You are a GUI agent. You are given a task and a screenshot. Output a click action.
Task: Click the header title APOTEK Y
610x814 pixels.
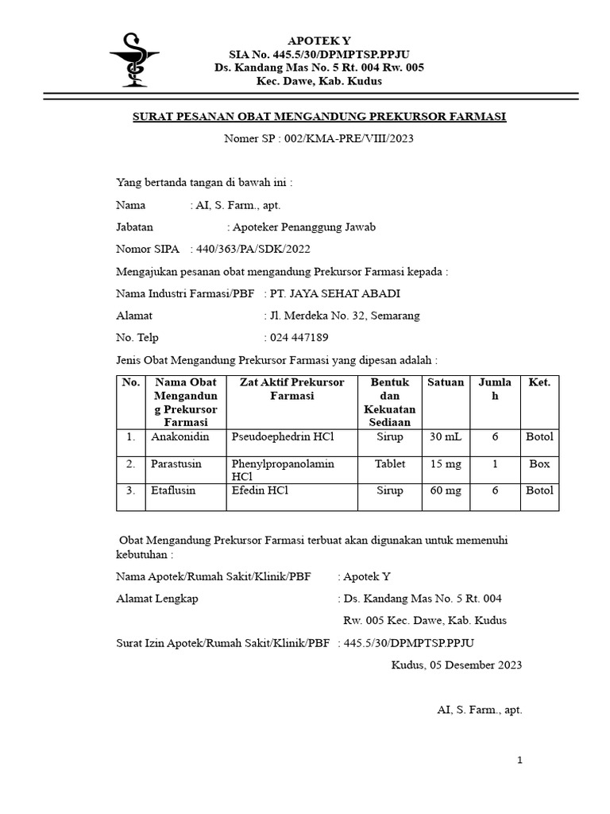[319, 40]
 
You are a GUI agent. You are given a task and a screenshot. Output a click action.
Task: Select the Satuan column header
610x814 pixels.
[446, 382]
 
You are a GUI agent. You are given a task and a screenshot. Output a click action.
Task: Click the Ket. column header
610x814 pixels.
[539, 382]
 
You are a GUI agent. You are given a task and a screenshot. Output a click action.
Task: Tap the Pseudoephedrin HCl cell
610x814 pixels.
[283, 437]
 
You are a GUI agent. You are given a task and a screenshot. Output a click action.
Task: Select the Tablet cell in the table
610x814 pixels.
[390, 463]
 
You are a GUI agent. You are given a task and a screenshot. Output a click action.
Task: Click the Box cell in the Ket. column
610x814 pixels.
[539, 463]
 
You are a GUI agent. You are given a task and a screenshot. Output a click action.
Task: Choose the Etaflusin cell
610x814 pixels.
[173, 490]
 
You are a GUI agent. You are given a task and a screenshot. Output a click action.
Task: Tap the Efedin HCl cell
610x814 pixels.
[261, 490]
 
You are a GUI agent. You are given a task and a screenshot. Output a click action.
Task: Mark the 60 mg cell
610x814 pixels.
[446, 490]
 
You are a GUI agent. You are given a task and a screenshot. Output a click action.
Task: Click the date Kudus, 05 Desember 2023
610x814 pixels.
[457, 665]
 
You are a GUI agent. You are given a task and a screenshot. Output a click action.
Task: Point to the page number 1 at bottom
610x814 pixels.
[519, 761]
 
